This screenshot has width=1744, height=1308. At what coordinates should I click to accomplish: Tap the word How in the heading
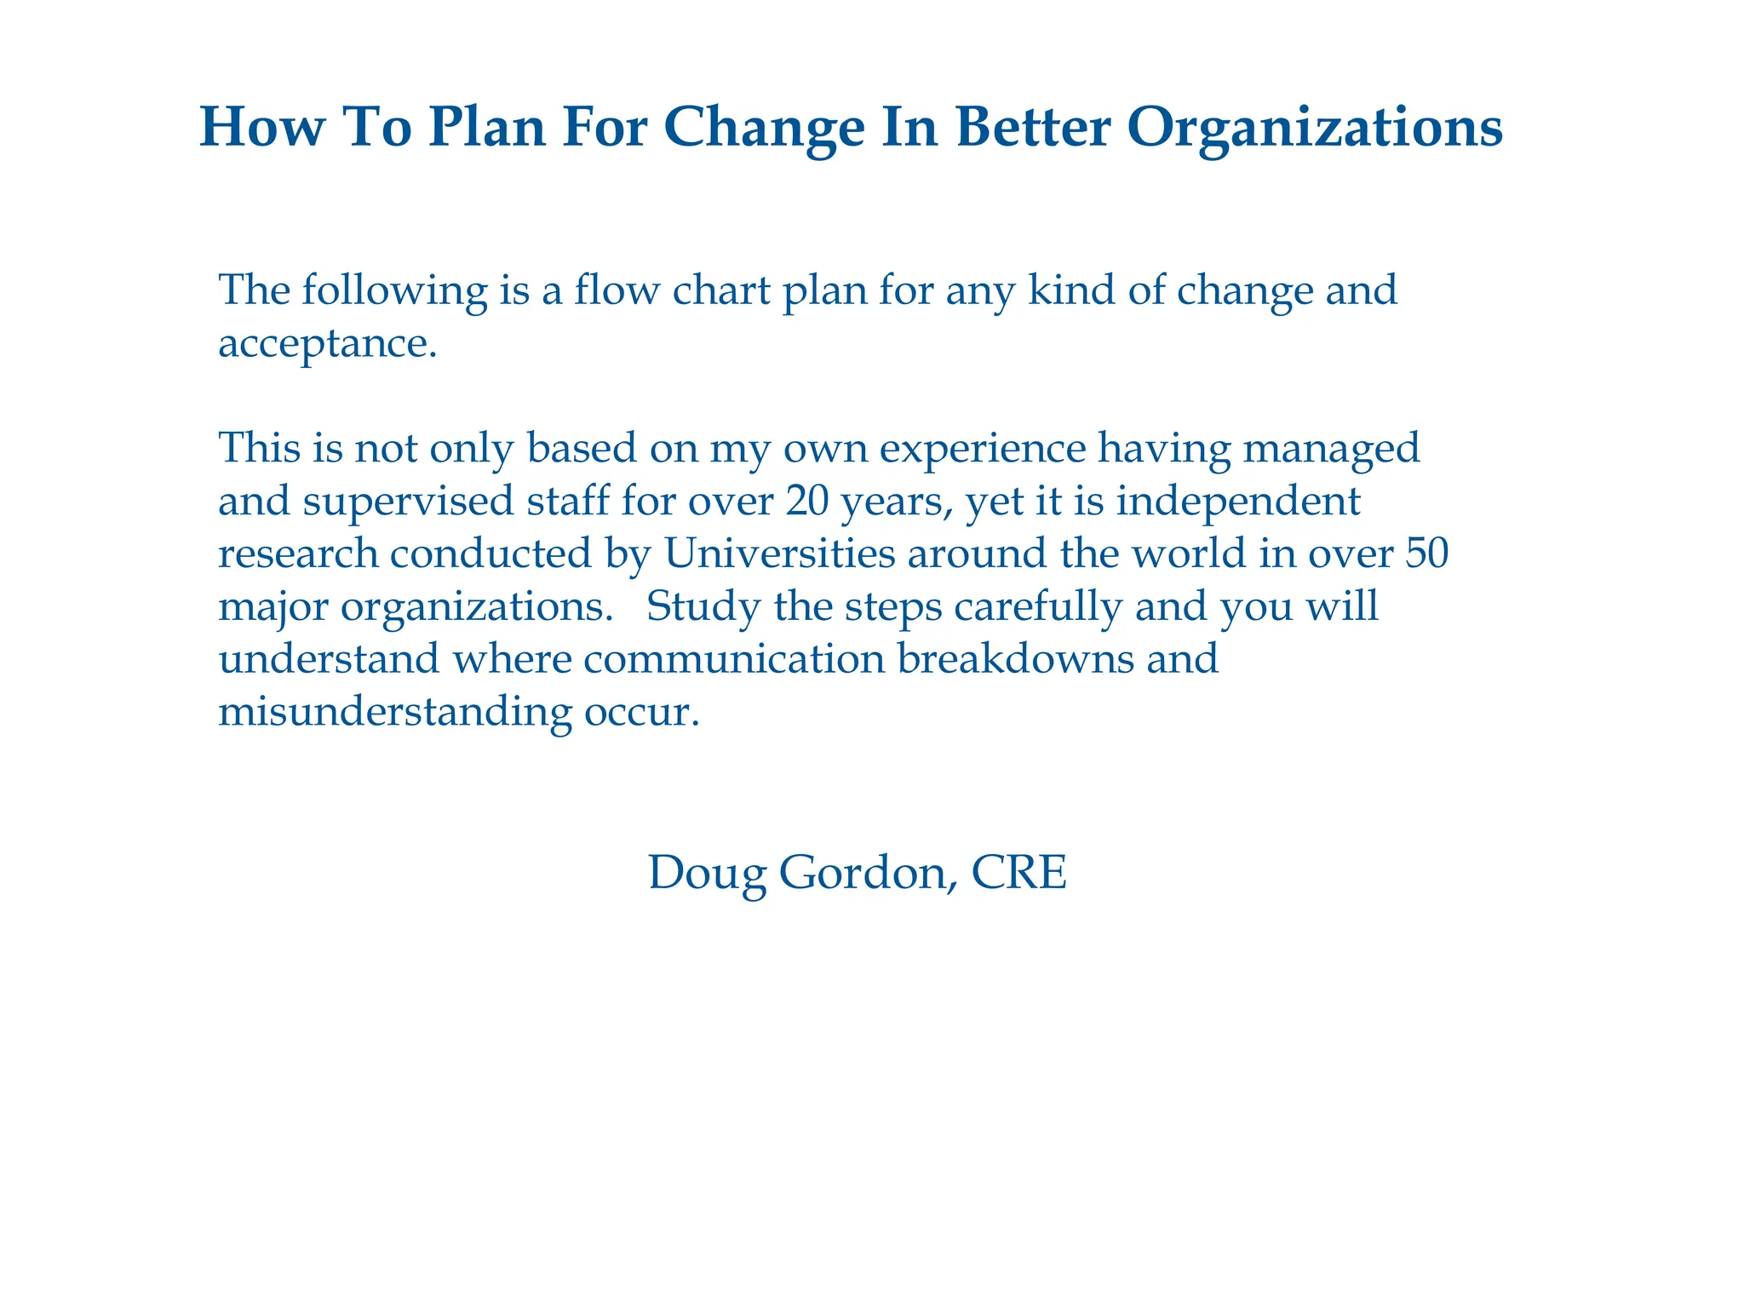point(263,128)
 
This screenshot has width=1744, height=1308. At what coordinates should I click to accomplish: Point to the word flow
point(617,290)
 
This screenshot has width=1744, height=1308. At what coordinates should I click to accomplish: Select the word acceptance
point(327,344)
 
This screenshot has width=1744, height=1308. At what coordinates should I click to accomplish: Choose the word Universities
point(779,554)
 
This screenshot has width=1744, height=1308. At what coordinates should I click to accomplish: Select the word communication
point(735,659)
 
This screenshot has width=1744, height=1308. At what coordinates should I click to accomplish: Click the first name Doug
point(707,874)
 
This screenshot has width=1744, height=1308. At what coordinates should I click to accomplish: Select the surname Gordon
point(864,874)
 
